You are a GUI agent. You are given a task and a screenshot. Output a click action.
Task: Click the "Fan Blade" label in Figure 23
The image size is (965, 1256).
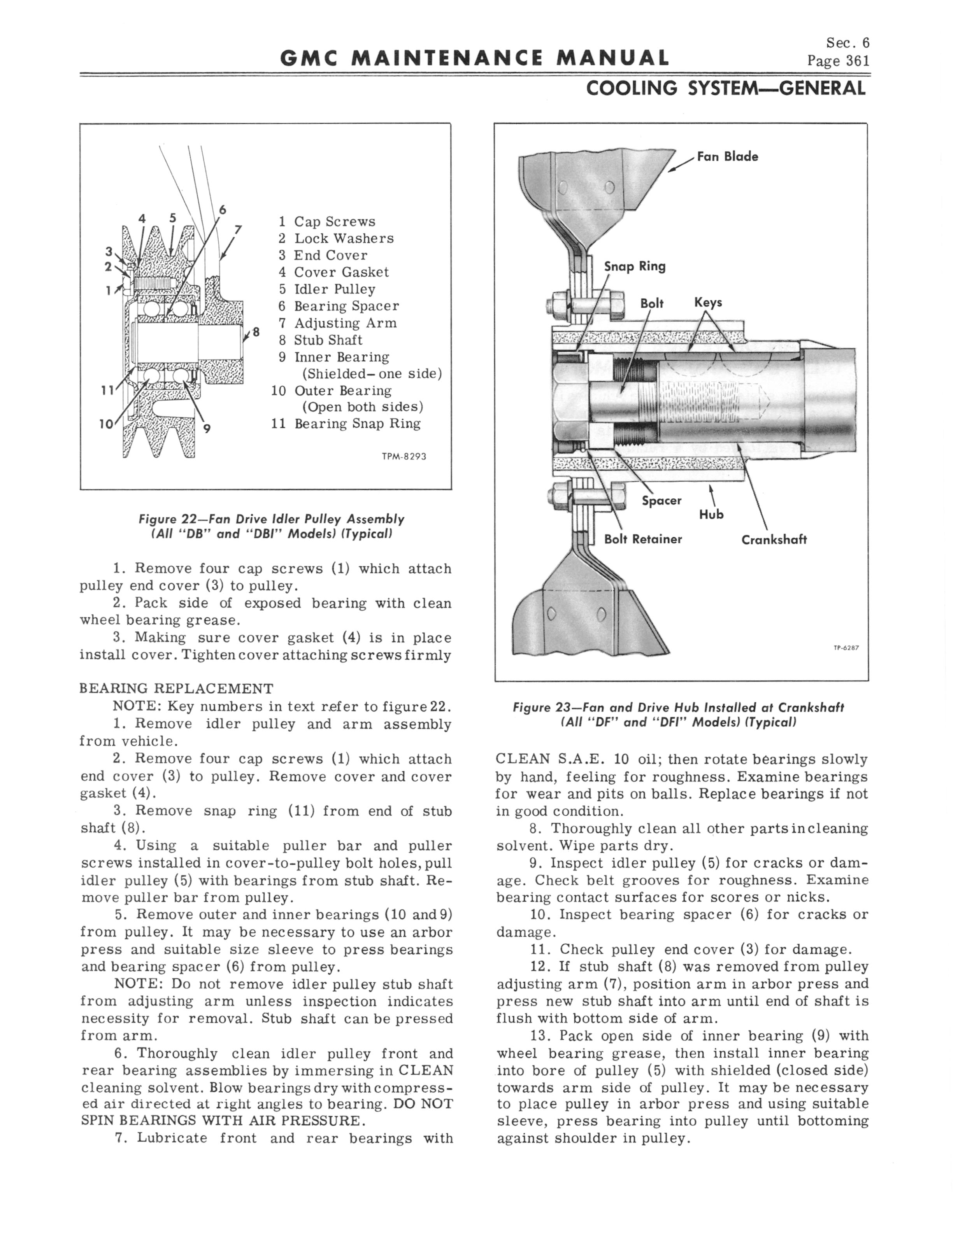click(x=727, y=157)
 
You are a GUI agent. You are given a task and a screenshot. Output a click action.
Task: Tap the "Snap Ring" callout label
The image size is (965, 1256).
click(x=634, y=266)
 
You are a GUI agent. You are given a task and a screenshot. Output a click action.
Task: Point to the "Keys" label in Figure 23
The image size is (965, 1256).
click(x=708, y=303)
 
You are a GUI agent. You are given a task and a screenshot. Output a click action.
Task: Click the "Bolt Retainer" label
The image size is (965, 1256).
click(x=643, y=539)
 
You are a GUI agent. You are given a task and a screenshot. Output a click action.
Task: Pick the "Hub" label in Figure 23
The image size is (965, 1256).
click(x=711, y=514)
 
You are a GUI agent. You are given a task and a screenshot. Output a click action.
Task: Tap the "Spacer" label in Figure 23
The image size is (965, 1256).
click(x=661, y=501)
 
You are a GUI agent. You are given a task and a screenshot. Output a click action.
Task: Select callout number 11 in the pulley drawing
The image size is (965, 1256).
click(x=107, y=391)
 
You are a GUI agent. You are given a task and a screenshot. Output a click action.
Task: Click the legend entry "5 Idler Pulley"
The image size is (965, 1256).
click(x=327, y=289)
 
